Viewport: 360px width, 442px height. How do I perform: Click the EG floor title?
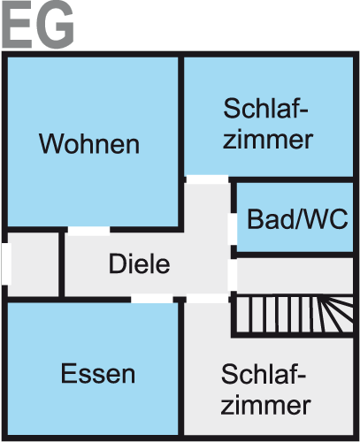coord(38,25)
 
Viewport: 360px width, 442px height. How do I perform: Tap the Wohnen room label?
coord(89,144)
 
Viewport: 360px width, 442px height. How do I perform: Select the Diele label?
coord(139,263)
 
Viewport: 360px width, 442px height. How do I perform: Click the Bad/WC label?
coord(297,219)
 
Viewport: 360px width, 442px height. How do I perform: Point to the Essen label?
coord(98,374)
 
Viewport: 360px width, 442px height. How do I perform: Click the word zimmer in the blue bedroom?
coord(268,140)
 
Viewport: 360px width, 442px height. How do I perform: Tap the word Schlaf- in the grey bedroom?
coord(264,374)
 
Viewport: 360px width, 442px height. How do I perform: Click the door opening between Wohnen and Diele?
coord(88,230)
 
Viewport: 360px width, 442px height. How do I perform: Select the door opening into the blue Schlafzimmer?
coord(208,179)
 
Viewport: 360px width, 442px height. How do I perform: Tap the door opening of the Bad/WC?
coord(233,229)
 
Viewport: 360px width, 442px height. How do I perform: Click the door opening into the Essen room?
coord(152,299)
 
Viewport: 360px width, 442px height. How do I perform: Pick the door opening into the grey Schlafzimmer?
coord(208,299)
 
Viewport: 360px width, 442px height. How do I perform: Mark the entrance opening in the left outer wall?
coord(6,263)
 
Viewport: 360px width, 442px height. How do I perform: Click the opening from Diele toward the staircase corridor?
coord(233,275)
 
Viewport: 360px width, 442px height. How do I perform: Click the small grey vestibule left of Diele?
coord(33,264)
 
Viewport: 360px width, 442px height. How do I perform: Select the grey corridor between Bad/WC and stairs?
coord(295,276)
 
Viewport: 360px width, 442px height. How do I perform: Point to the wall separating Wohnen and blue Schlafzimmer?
coord(181,142)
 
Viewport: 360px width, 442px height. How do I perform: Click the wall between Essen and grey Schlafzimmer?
coord(181,369)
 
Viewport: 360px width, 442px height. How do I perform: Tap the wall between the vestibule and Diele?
coord(62,264)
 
